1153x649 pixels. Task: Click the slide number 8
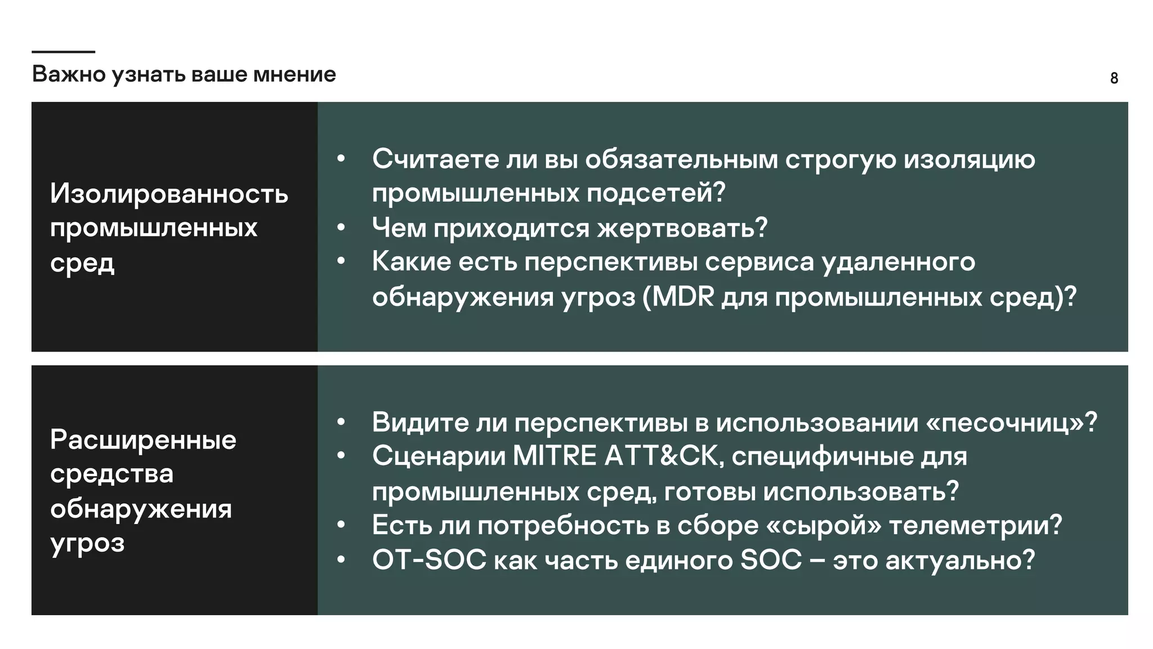pos(1114,78)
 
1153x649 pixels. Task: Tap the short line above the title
pos(63,52)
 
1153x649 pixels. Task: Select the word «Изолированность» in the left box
pos(169,194)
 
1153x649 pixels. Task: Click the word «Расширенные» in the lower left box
pos(143,439)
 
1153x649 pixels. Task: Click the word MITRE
pos(555,456)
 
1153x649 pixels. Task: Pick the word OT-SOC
pos(429,560)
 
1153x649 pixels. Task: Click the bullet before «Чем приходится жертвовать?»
pos(341,228)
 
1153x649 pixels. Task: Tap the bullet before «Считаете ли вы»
pos(341,159)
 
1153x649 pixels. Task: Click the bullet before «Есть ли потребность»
pos(341,526)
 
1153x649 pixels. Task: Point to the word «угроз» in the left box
pos(87,544)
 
